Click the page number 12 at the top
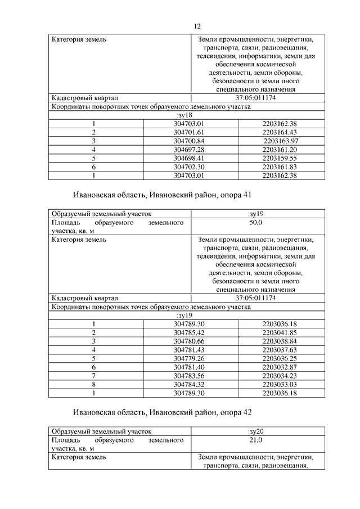coord(197,26)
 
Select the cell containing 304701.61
coord(188,132)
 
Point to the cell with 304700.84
coord(188,140)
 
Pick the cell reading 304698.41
coord(188,158)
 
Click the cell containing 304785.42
coord(188,332)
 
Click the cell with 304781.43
coord(188,350)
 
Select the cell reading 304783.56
coord(188,376)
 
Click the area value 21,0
coord(256,441)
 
